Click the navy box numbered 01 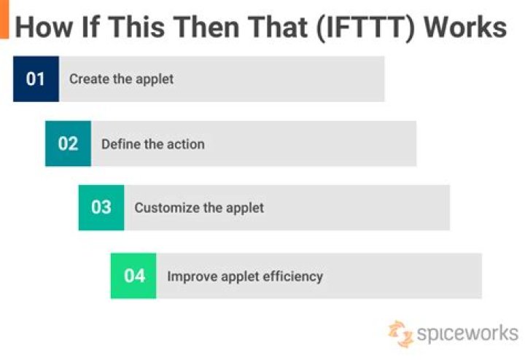pyautogui.click(x=36, y=79)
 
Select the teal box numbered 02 pyautogui.click(x=68, y=144)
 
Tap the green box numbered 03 pyautogui.click(x=101, y=208)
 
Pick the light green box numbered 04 pyautogui.click(x=133, y=276)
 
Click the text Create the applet pyautogui.click(x=121, y=79)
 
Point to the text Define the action pyautogui.click(x=153, y=144)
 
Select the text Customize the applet pyautogui.click(x=199, y=208)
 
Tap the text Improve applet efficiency pyautogui.click(x=245, y=277)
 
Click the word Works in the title pyautogui.click(x=465, y=27)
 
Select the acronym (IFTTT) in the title pyautogui.click(x=365, y=28)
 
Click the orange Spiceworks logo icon pyautogui.click(x=400, y=334)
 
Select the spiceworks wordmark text pyautogui.click(x=467, y=333)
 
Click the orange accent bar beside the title pyautogui.click(x=4, y=19)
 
